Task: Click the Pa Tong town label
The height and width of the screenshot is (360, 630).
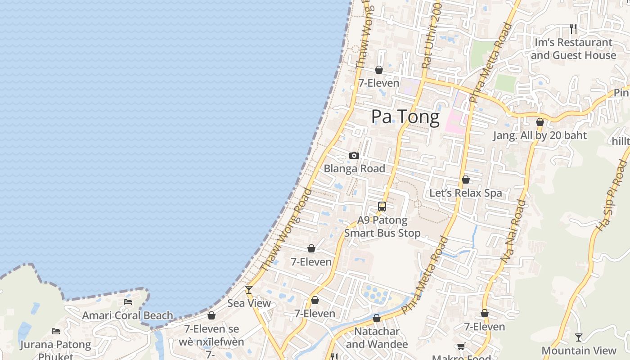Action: tap(405, 117)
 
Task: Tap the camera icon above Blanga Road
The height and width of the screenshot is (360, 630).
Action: tap(354, 156)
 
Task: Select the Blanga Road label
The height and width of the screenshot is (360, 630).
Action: tap(355, 169)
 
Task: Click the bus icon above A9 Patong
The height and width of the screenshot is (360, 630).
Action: tap(382, 207)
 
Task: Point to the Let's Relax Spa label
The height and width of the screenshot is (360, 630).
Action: tap(466, 193)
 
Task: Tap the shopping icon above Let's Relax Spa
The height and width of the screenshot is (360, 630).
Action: tap(466, 180)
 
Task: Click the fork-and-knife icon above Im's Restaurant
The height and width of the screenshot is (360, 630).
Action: tap(573, 28)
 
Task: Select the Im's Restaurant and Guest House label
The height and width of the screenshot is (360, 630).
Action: tap(573, 49)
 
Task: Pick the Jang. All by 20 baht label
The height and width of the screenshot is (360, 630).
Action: tap(540, 135)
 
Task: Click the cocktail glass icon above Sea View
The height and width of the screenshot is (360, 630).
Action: tap(249, 289)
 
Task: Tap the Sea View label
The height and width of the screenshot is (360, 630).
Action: tap(249, 303)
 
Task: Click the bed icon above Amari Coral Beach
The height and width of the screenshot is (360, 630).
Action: tap(128, 302)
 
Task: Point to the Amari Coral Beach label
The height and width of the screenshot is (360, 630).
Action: tap(127, 315)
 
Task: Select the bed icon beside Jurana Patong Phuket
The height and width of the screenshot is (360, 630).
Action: tap(56, 331)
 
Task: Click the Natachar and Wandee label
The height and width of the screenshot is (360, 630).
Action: tap(377, 338)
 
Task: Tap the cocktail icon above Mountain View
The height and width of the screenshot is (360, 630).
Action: tap(579, 337)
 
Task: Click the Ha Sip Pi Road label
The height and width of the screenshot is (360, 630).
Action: tap(611, 197)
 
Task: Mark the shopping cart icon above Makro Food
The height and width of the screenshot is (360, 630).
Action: tap(461, 346)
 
